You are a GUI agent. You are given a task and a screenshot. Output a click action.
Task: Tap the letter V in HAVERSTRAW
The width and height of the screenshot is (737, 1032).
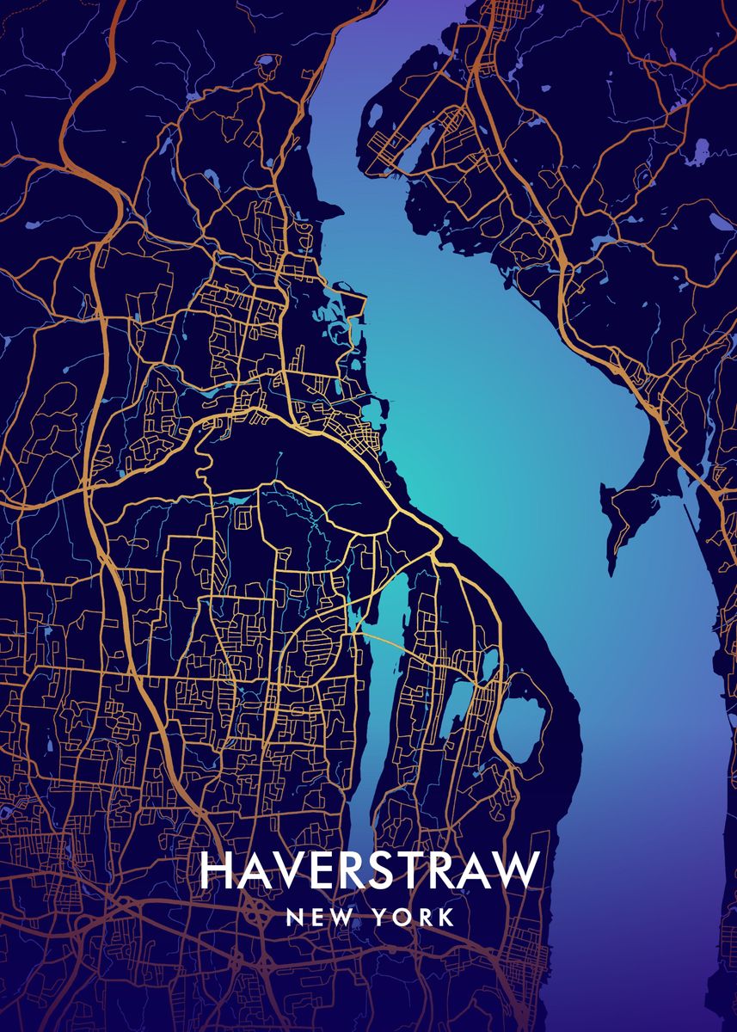(290, 870)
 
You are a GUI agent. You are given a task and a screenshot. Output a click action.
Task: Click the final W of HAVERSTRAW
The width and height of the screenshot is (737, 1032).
(515, 870)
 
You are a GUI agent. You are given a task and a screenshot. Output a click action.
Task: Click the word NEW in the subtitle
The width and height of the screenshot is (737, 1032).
(318, 918)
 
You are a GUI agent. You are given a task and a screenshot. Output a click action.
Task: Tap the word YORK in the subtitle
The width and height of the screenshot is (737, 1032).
(414, 918)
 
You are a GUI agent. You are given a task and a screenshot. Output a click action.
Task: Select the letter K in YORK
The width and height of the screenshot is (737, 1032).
(446, 918)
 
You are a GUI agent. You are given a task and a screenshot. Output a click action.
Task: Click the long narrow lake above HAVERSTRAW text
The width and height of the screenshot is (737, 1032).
(378, 688)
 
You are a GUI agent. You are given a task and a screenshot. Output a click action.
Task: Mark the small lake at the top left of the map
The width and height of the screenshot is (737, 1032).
(266, 62)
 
